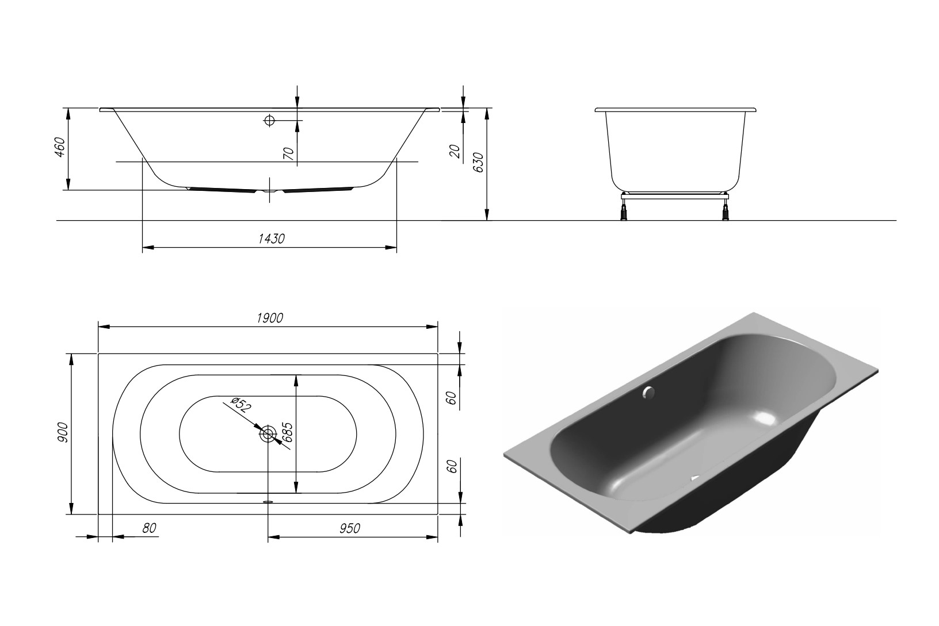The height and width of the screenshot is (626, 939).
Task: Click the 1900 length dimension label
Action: [x=270, y=318]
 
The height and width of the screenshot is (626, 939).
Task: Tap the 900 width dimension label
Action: [x=63, y=433]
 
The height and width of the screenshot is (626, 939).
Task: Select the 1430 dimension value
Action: [x=271, y=239]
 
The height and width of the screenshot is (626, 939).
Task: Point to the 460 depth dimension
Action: [x=60, y=147]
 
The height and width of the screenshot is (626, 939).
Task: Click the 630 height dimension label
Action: [x=478, y=163]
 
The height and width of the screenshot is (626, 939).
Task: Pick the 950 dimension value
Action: [x=350, y=528]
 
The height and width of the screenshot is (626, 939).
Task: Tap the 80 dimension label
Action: [x=149, y=528]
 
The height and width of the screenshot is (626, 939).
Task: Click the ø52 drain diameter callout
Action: [x=241, y=405]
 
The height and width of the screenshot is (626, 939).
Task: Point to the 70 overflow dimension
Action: [x=288, y=153]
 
